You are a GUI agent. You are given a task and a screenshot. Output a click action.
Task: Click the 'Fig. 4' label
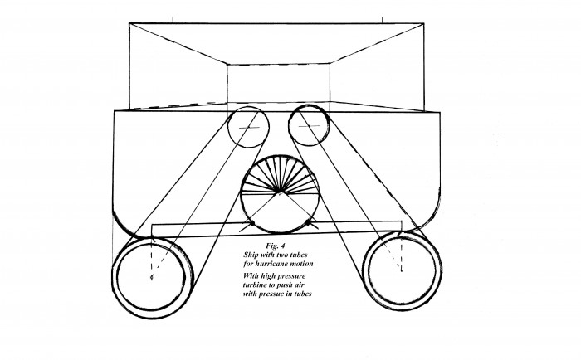pyautogui.click(x=276, y=246)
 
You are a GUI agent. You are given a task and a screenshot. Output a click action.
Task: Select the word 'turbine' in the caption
pyautogui.click(x=256, y=285)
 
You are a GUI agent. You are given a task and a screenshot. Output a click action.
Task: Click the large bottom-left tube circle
pyautogui.click(x=112, y=277)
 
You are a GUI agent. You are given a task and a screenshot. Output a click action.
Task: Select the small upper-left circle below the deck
pyautogui.click(x=228, y=127)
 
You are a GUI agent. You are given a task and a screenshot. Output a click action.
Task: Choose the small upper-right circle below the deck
pyautogui.click(x=289, y=125)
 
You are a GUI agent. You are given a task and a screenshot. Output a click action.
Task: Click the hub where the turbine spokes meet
pyautogui.click(x=279, y=192)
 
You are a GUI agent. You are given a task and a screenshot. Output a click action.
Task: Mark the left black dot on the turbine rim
pyautogui.click(x=251, y=223)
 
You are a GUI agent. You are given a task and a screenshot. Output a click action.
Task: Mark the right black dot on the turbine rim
pyautogui.click(x=308, y=222)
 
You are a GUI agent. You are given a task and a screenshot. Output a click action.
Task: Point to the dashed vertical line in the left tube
pyautogui.click(x=152, y=256)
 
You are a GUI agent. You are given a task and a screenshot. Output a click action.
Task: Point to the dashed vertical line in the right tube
pyautogui.click(x=401, y=253)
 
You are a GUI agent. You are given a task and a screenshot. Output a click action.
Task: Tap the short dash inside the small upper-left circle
pyautogui.click(x=249, y=128)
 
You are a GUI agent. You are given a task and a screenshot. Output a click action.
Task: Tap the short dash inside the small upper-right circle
pyautogui.click(x=310, y=126)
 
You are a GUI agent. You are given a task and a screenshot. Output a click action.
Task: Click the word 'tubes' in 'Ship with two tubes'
pyautogui.click(x=299, y=255)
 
